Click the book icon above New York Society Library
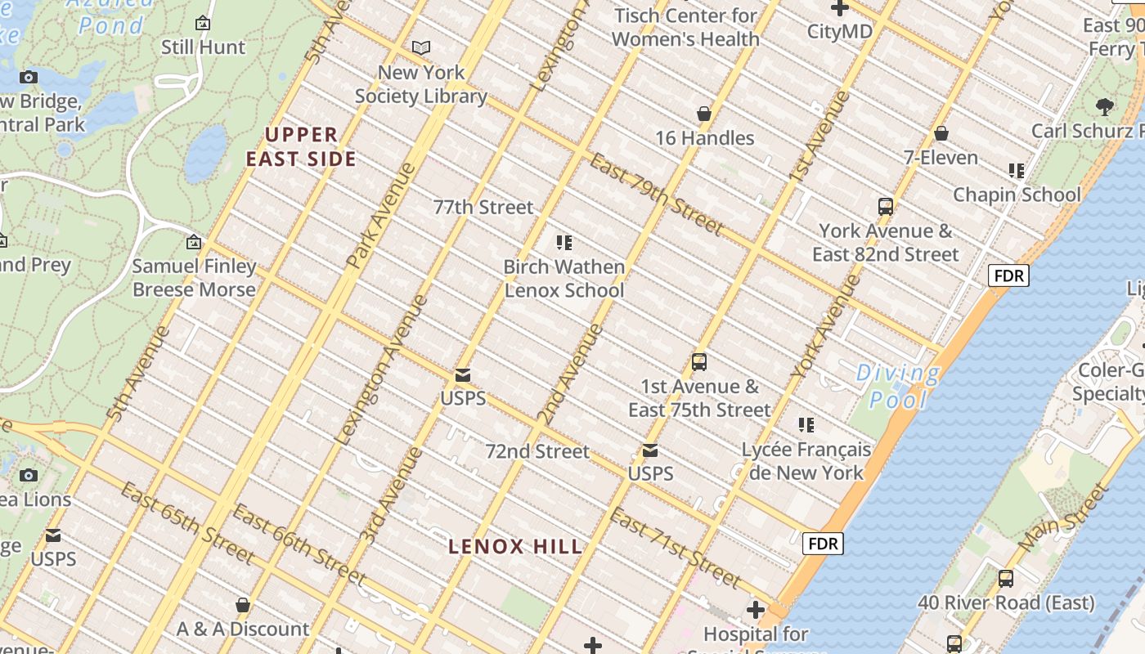(x=421, y=48)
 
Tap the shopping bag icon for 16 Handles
(x=704, y=114)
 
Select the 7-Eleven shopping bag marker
(x=941, y=133)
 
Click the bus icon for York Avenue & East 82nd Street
(x=885, y=207)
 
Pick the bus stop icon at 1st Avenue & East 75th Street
(x=699, y=362)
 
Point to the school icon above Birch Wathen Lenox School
(x=564, y=243)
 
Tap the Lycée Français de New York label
(x=806, y=461)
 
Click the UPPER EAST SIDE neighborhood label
(x=302, y=147)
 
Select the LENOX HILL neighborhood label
(x=516, y=547)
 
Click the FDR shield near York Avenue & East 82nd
(x=1008, y=275)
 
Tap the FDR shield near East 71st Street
(x=822, y=544)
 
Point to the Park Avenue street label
(x=382, y=216)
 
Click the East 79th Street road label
(x=657, y=194)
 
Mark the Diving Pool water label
(x=898, y=386)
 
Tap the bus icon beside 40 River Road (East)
(x=1006, y=579)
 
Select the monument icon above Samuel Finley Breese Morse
(x=194, y=243)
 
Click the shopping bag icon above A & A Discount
(x=243, y=606)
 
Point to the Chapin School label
(x=1017, y=195)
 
